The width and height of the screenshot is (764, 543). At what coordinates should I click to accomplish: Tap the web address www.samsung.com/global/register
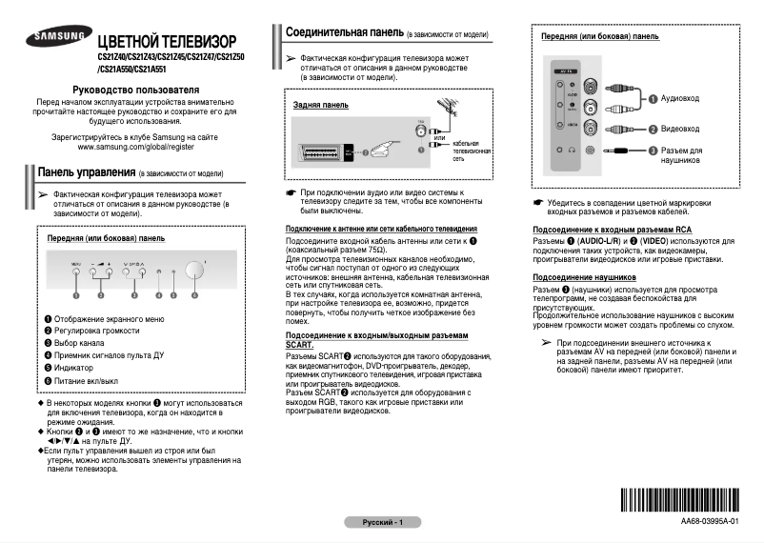pyautogui.click(x=135, y=148)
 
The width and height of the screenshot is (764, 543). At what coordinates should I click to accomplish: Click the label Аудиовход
pyautogui.click(x=680, y=98)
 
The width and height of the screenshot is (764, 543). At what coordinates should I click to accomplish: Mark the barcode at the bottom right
pyautogui.click(x=680, y=501)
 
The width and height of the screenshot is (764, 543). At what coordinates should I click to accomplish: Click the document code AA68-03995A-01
pyautogui.click(x=709, y=522)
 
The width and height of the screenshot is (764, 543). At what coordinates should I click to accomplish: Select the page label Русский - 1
pyautogui.click(x=382, y=523)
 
